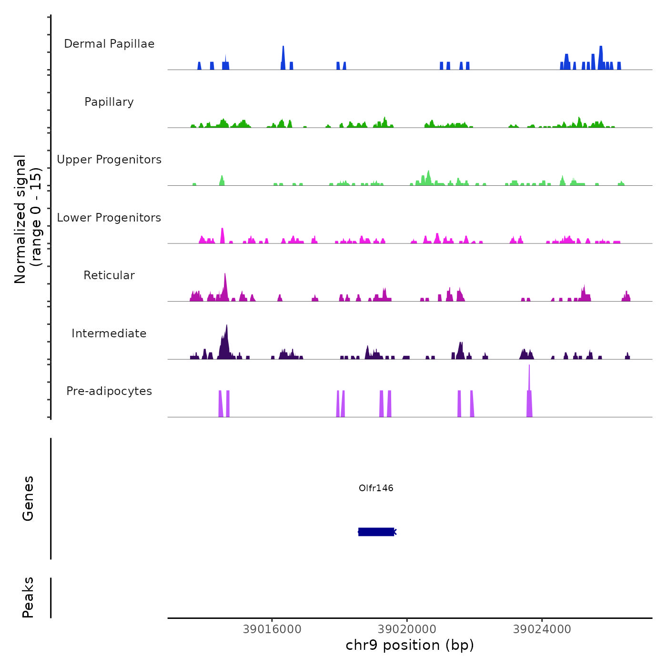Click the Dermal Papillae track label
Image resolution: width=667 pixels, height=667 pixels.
pyautogui.click(x=109, y=44)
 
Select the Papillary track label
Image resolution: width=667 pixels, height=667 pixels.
pyautogui.click(x=109, y=102)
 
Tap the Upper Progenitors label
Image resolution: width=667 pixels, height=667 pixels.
pyautogui.click(x=109, y=160)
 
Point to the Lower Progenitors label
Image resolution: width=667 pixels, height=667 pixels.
pyautogui.click(x=109, y=218)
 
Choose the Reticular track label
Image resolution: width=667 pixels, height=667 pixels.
pyautogui.click(x=109, y=275)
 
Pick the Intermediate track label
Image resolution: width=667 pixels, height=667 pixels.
pyautogui.click(x=109, y=333)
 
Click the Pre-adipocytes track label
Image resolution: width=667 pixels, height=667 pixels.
pyautogui.click(x=109, y=391)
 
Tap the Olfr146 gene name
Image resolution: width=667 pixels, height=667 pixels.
pyautogui.click(x=376, y=488)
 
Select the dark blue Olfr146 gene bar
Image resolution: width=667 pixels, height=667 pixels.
pyautogui.click(x=376, y=532)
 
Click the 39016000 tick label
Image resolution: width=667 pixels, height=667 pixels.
pyautogui.click(x=272, y=629)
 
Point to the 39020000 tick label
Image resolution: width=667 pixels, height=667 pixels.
pyautogui.click(x=407, y=629)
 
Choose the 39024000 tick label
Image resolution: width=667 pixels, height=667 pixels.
pyautogui.click(x=542, y=629)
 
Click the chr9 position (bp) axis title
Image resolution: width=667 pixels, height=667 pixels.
pyautogui.click(x=410, y=645)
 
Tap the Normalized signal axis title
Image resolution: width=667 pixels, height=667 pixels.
pyautogui.click(x=28, y=219)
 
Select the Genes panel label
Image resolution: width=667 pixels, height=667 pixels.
pyautogui.click(x=28, y=498)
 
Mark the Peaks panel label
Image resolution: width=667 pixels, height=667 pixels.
pyautogui.click(x=28, y=597)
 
